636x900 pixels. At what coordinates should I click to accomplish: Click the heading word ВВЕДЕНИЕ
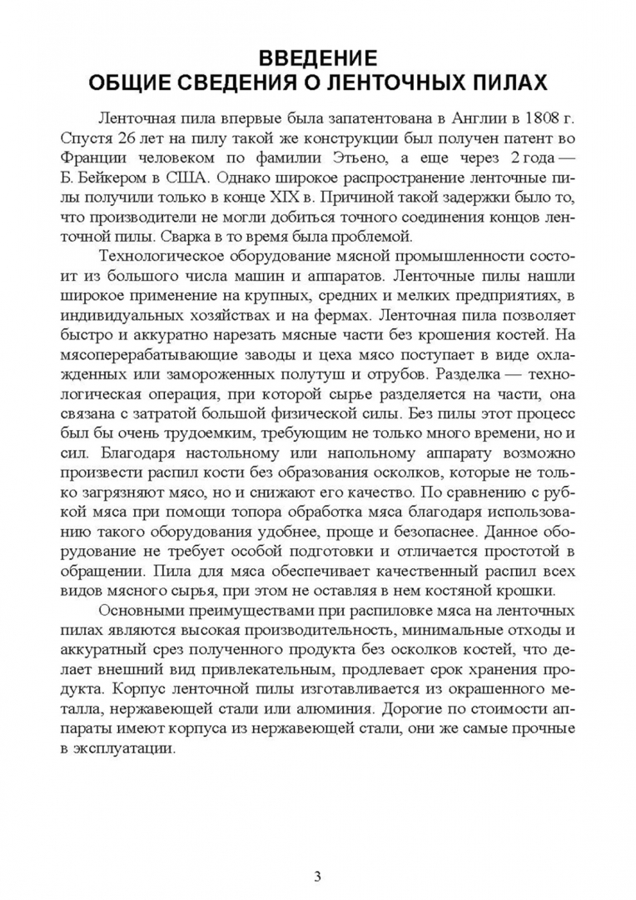pyautogui.click(x=317, y=58)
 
